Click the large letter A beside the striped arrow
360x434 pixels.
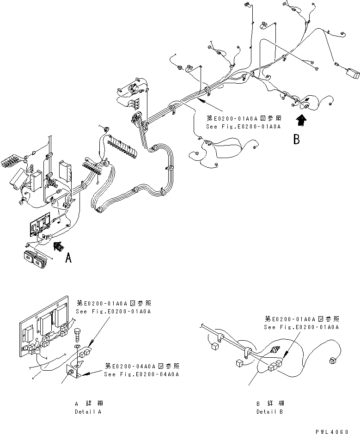68,258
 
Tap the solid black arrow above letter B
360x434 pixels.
301,121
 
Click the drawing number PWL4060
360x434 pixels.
331,431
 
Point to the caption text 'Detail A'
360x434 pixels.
88,411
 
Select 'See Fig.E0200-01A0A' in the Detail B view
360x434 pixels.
301,327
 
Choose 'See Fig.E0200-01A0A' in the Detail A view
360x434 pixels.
113,311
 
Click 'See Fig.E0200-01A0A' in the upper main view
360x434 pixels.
244,126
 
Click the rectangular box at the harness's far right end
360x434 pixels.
352,73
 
